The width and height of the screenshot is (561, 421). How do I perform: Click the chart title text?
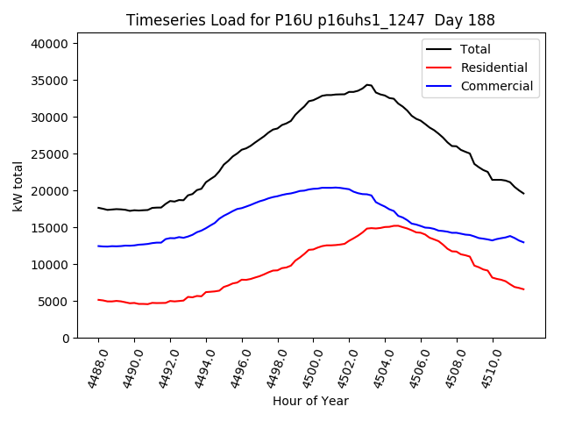[x=310, y=20]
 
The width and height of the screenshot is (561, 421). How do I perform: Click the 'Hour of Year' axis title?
[x=310, y=401]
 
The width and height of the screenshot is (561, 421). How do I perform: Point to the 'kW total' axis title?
[x=18, y=186]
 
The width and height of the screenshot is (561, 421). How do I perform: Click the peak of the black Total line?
[x=367, y=85]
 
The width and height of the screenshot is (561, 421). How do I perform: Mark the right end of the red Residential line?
[x=523, y=289]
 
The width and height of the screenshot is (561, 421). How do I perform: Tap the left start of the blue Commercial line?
[x=98, y=246]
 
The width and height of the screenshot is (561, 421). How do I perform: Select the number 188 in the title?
[x=482, y=20]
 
